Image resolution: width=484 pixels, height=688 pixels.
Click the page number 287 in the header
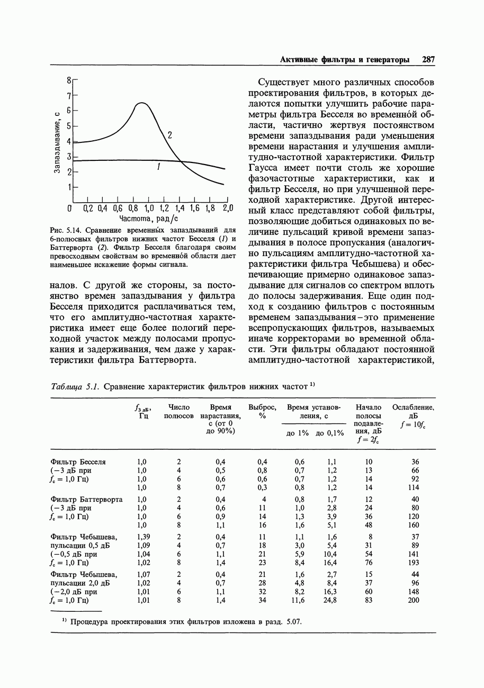428,60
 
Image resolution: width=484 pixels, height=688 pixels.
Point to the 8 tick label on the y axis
69,80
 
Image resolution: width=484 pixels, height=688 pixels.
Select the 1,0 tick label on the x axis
149,208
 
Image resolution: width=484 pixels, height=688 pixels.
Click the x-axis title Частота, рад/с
149,219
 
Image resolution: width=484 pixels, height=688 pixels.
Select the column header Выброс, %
262,411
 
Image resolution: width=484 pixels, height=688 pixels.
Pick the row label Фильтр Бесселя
78,462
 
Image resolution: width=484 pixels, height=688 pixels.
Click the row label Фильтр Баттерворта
86,500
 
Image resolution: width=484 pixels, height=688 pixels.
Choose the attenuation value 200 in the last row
414,601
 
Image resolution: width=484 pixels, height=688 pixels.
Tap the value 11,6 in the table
298,601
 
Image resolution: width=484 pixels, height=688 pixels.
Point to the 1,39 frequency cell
142,537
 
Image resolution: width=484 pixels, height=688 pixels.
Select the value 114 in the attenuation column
414,487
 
